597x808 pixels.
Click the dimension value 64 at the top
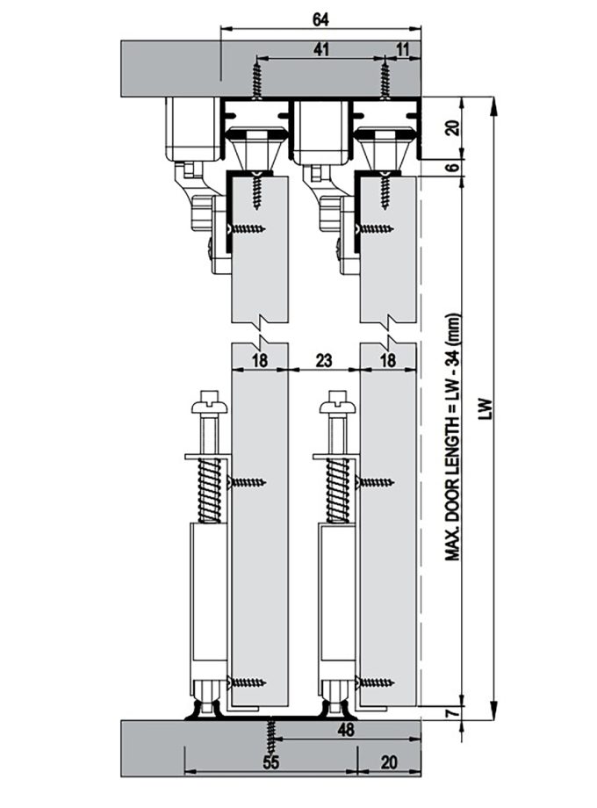coord(320,18)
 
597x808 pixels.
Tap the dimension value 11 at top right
coord(403,51)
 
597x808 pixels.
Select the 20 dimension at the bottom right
coord(389,762)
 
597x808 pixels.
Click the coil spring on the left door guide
coord(210,488)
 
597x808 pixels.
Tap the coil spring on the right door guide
coord(338,488)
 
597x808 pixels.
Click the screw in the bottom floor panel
coord(270,731)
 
